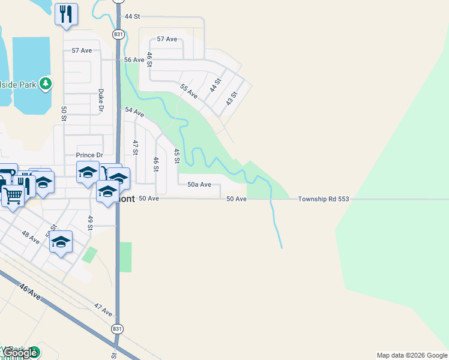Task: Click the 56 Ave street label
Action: pyautogui.click(x=134, y=60)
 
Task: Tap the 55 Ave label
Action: pyautogui.click(x=188, y=91)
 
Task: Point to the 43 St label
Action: pyautogui.click(x=232, y=98)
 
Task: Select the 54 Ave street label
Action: pyautogui.click(x=134, y=112)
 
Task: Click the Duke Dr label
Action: pyautogui.click(x=101, y=101)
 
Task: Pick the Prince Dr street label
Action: pyautogui.click(x=90, y=155)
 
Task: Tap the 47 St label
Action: pyautogui.click(x=136, y=148)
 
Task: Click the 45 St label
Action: pyautogui.click(x=176, y=156)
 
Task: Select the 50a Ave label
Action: pyautogui.click(x=199, y=185)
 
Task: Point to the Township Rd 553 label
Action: pyautogui.click(x=323, y=199)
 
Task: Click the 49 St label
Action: pyautogui.click(x=90, y=223)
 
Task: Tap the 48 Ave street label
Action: pyautogui.click(x=30, y=237)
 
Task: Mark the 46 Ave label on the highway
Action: pyautogui.click(x=29, y=293)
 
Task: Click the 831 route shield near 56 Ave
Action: pyautogui.click(x=118, y=35)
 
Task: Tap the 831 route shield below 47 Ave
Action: pyautogui.click(x=118, y=329)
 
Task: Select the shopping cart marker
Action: pyautogui.click(x=13, y=194)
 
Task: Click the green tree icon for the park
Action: pyautogui.click(x=45, y=83)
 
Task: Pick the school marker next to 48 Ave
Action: pyautogui.click(x=61, y=242)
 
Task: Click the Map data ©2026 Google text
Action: pyautogui.click(x=411, y=355)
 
